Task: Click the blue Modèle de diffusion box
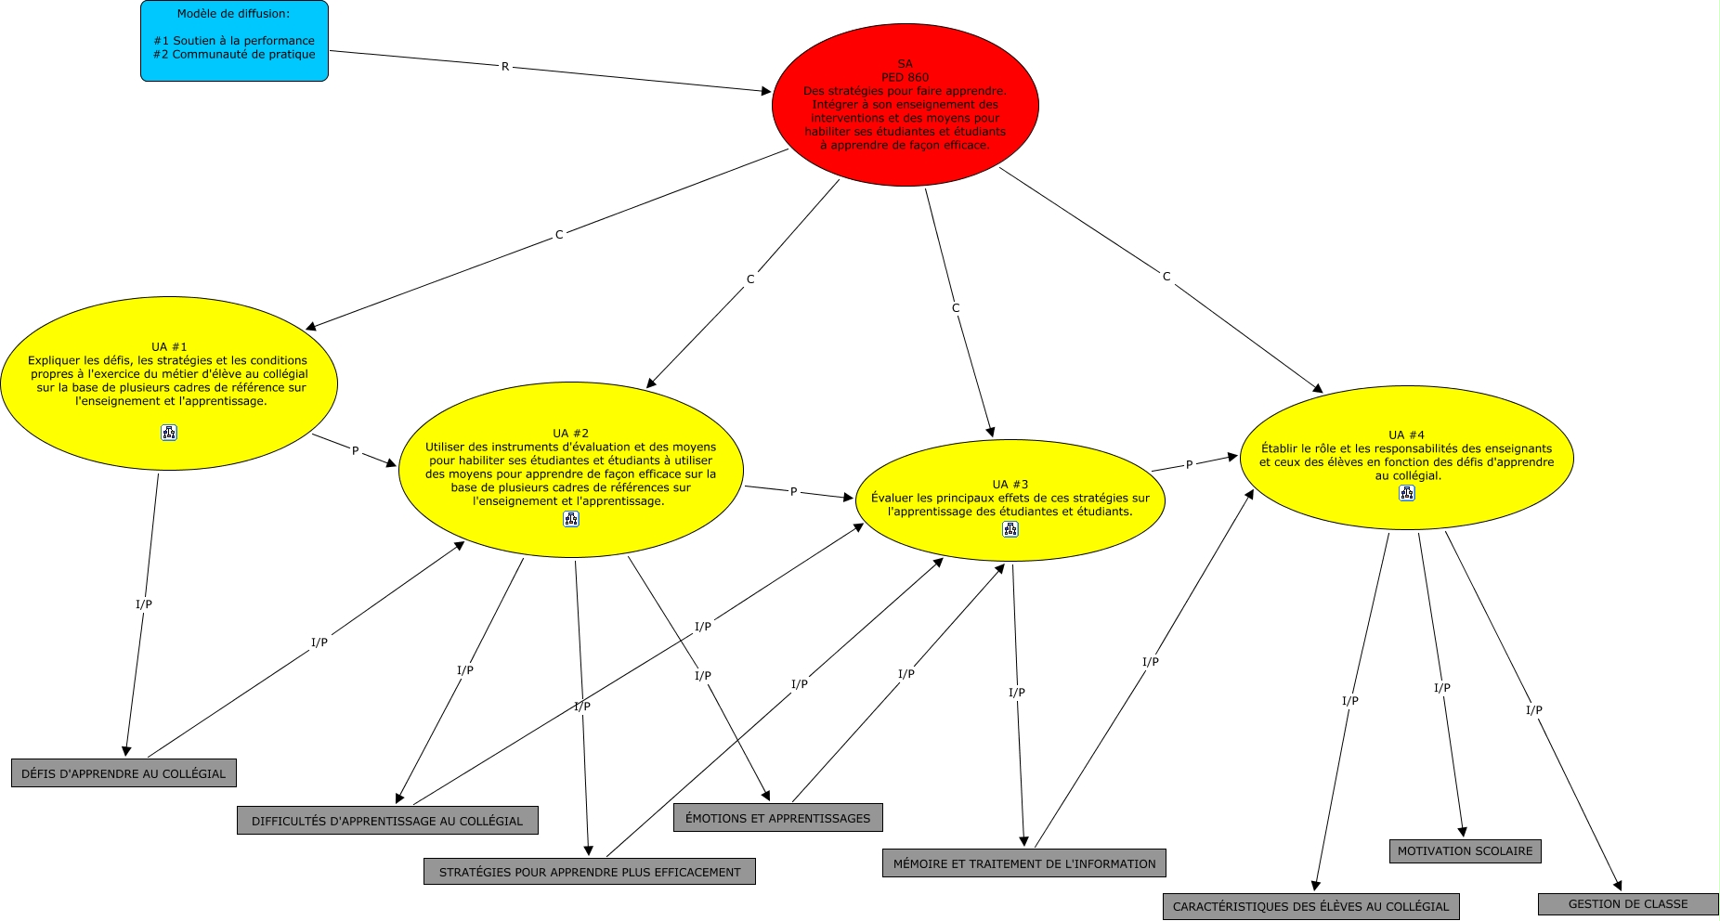point(234,41)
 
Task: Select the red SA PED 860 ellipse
point(905,105)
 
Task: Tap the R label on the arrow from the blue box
point(505,67)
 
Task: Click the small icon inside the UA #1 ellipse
point(169,433)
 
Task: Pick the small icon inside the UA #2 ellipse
point(571,519)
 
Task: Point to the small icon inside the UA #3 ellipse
point(1010,529)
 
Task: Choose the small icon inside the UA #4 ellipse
point(1407,494)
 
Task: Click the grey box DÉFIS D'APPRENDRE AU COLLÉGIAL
point(124,773)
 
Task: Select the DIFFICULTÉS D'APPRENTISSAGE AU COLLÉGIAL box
point(387,821)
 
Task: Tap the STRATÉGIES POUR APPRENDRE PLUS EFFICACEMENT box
point(590,872)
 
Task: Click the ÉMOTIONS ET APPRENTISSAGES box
point(778,818)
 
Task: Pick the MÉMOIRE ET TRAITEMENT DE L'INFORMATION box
point(1024,863)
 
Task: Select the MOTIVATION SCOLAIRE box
point(1466,851)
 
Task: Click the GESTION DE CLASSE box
point(1628,904)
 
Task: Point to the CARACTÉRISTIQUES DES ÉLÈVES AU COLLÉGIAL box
point(1310,906)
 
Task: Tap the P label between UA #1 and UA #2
point(355,451)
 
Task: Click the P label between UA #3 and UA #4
point(1189,465)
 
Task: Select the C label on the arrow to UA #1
point(559,235)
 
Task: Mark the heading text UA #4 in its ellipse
point(1406,435)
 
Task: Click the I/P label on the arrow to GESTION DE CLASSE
point(1533,710)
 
